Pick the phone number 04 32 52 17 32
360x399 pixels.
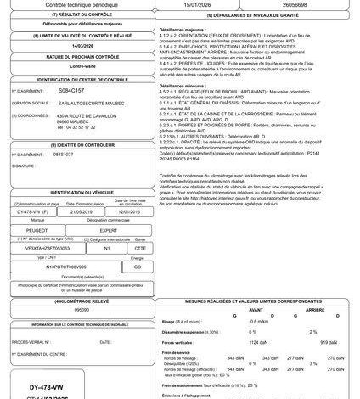coord(82,127)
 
